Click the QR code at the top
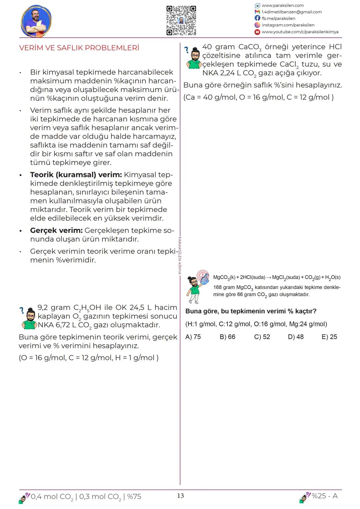click(x=181, y=20)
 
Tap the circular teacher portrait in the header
click(x=36, y=21)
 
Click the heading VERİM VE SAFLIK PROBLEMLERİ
click(x=79, y=48)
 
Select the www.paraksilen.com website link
click(x=283, y=5)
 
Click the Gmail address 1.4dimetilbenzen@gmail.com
click(x=292, y=12)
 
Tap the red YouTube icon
click(x=257, y=32)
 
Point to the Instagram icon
click(x=257, y=25)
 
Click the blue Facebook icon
click(x=257, y=18)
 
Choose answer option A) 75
click(x=193, y=337)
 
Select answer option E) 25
click(x=329, y=337)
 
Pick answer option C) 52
click(x=262, y=337)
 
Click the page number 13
click(x=180, y=496)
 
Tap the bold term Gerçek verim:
click(x=56, y=230)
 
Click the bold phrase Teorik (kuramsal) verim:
click(x=76, y=175)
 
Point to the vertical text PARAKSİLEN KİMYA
click(x=180, y=255)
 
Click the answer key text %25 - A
click(x=324, y=496)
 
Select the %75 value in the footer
click(x=134, y=497)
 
